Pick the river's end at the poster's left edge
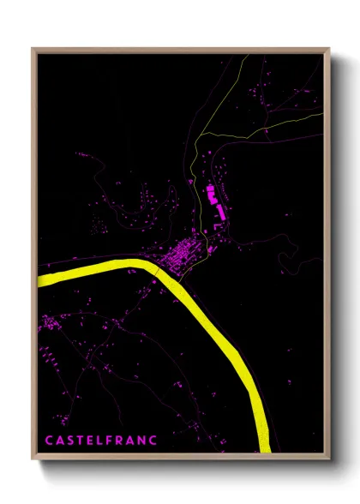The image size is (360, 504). [x=41, y=278]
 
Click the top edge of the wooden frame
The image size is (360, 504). [x=180, y=50]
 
